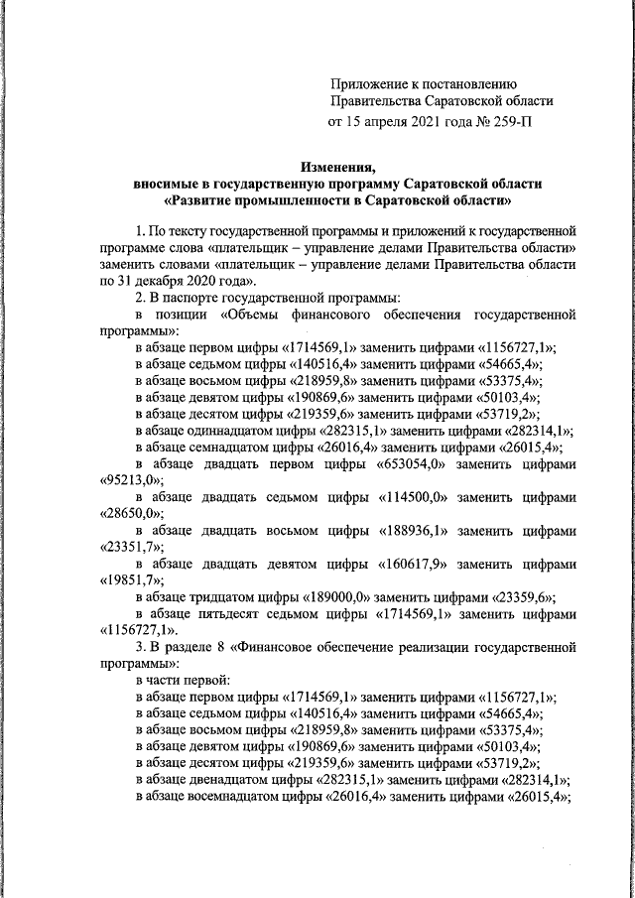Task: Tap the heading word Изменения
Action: tap(337, 166)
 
